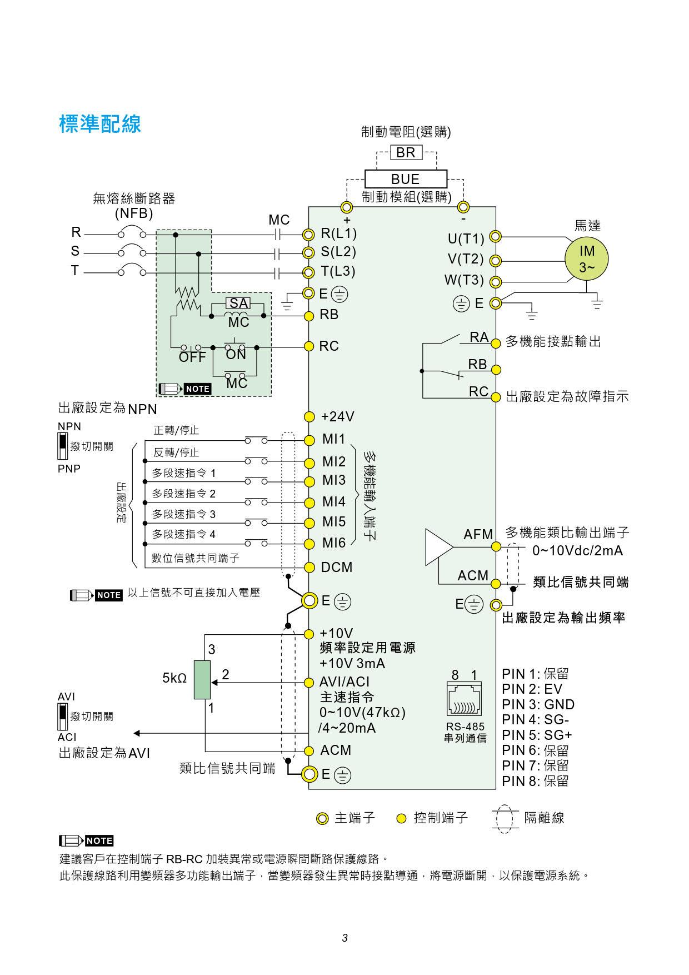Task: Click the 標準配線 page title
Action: click(x=100, y=124)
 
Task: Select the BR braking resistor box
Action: click(x=406, y=152)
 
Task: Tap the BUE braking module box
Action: click(x=406, y=179)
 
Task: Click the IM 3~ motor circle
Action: click(x=587, y=259)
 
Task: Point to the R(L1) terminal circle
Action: click(x=308, y=235)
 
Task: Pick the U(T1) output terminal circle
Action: click(x=495, y=237)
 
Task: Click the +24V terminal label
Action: click(x=338, y=417)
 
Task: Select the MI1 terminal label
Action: click(x=334, y=439)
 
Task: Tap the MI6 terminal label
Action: click(x=334, y=543)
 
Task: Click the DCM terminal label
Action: click(x=337, y=567)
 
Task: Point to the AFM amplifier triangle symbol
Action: click(x=440, y=547)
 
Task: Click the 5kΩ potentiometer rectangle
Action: click(x=202, y=680)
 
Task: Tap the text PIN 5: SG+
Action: click(x=537, y=735)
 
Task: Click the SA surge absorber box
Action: click(x=238, y=304)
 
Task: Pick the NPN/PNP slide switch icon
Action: click(x=63, y=447)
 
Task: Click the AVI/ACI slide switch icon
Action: click(x=63, y=717)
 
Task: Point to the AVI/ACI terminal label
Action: click(x=344, y=682)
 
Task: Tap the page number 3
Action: click(x=344, y=938)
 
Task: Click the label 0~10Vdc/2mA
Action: click(x=577, y=551)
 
